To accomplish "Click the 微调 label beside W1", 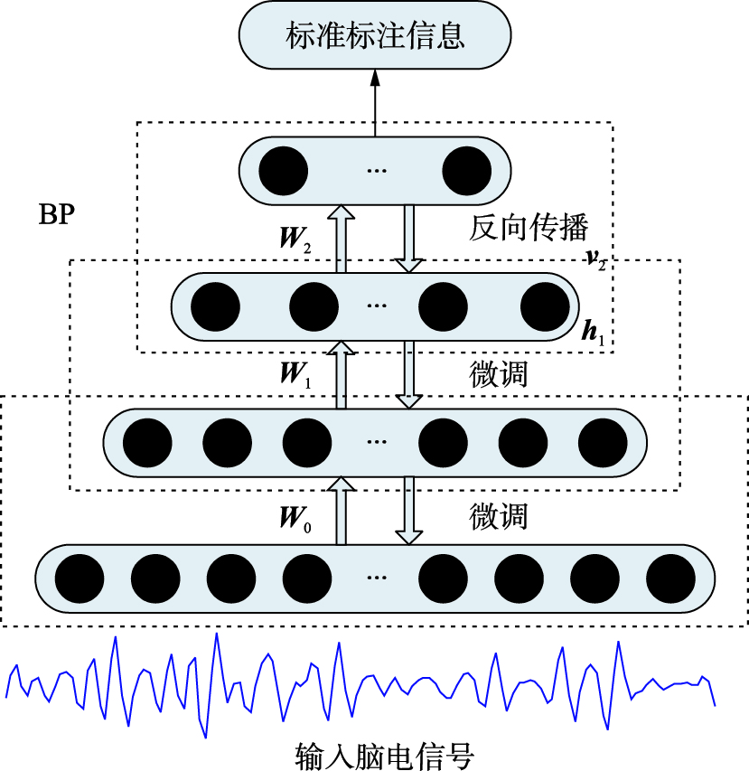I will click(x=499, y=372).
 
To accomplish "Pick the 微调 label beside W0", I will click(x=499, y=517).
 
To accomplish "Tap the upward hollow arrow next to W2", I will click(x=341, y=238).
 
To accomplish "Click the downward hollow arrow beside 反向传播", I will click(x=409, y=238).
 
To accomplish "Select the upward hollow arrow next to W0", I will click(x=341, y=512).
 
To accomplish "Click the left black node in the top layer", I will click(x=283, y=170).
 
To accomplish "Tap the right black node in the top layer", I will click(x=465, y=170).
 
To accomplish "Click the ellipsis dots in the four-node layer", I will click(x=376, y=306).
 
